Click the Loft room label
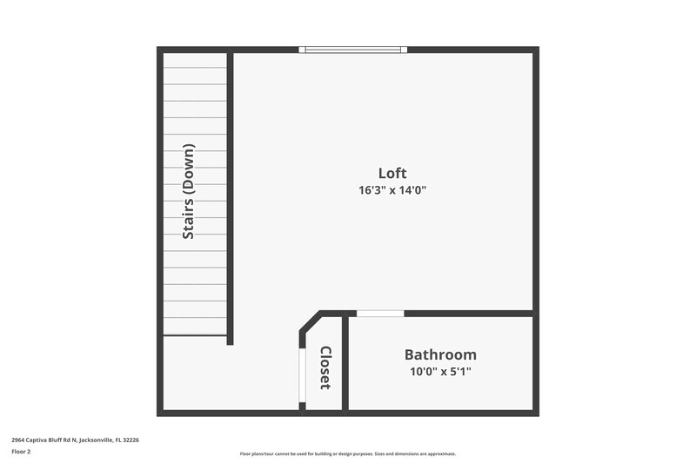[x=392, y=173]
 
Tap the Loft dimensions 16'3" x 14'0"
[x=392, y=190]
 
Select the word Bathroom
[x=440, y=354]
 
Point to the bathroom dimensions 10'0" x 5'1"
[x=440, y=372]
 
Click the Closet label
[x=325, y=367]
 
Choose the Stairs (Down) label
[x=188, y=191]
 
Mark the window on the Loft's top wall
[x=352, y=50]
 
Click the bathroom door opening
[x=381, y=313]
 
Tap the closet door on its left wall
[x=301, y=377]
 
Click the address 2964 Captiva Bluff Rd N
[x=44, y=440]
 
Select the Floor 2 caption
[x=22, y=452]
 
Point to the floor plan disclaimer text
[x=347, y=453]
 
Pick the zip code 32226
[x=130, y=440]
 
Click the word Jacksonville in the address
[x=96, y=440]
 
